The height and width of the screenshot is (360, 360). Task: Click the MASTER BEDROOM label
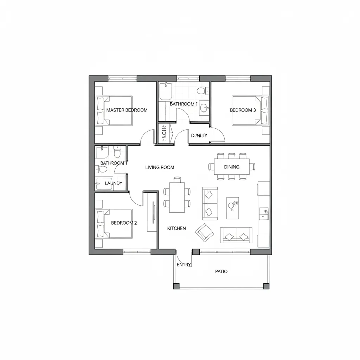(x=127, y=110)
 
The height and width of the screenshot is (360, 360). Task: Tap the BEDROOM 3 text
(x=243, y=110)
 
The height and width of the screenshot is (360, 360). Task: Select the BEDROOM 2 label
(x=124, y=223)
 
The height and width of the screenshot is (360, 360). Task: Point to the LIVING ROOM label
(x=160, y=167)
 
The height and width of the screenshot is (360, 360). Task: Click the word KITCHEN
(x=176, y=229)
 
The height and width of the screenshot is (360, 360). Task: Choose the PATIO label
(x=221, y=271)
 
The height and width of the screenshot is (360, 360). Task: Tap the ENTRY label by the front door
(x=184, y=265)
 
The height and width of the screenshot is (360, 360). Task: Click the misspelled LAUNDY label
(x=114, y=183)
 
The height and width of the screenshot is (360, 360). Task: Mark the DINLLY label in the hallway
(x=199, y=135)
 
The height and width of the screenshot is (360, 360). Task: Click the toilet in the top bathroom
(x=201, y=91)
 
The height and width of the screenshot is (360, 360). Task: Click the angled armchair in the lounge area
(x=205, y=232)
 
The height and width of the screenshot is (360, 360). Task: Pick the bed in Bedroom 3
(x=250, y=110)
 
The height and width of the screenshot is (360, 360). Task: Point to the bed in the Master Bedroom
(x=114, y=110)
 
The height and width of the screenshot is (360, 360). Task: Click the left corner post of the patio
(x=176, y=286)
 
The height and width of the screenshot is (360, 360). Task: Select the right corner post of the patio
(x=266, y=286)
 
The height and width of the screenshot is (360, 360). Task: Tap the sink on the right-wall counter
(x=264, y=211)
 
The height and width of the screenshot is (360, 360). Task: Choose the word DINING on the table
(x=232, y=167)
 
